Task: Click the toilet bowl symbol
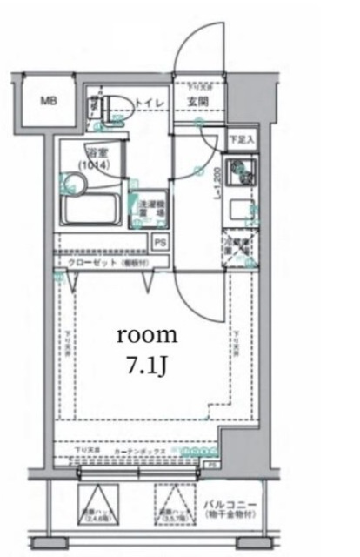[x=115, y=106]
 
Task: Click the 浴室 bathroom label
[x=89, y=149]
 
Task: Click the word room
[x=147, y=334]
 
